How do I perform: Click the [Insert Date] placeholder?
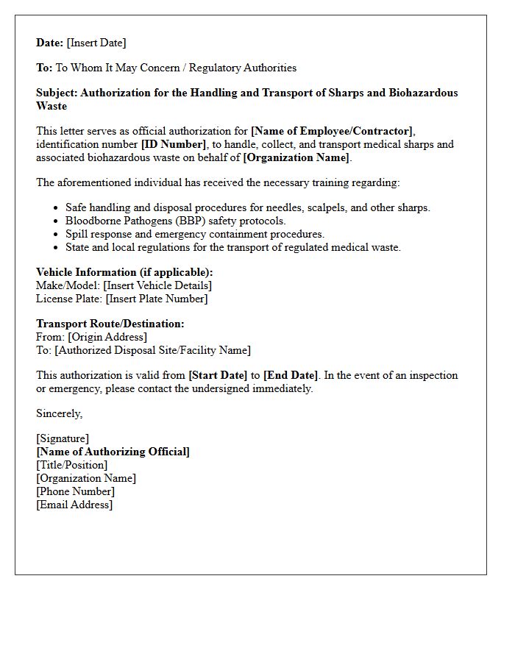point(96,43)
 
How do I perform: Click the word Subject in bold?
point(57,93)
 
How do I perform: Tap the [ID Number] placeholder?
point(174,144)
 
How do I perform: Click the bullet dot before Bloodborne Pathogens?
point(56,221)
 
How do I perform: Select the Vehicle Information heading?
point(124,272)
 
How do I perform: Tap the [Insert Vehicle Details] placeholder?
point(157,285)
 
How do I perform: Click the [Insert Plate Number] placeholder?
point(157,299)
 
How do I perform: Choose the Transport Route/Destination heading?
point(110,324)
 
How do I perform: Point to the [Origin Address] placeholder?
point(107,337)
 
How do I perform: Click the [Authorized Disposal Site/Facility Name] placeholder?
point(152,350)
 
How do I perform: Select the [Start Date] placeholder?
point(219,375)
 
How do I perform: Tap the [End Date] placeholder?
point(291,375)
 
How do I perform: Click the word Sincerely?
point(59,413)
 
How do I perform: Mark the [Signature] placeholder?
point(63,438)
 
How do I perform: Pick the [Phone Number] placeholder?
point(75,491)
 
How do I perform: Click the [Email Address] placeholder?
point(74,505)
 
